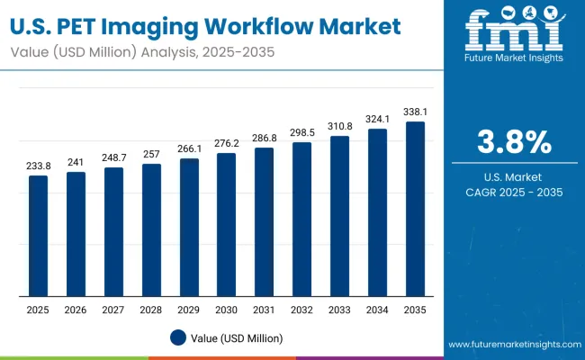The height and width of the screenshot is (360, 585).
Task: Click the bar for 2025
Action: coord(38,236)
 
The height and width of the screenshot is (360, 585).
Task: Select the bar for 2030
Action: coord(227,224)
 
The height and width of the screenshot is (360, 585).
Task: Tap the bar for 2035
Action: coord(415,209)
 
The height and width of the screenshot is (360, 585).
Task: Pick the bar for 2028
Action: coord(151,229)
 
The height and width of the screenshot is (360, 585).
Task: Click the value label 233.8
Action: coord(38,166)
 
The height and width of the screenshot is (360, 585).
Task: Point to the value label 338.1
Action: coord(415,112)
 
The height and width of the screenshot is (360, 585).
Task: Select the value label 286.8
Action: coord(265,139)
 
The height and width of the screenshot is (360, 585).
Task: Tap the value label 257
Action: coord(151,155)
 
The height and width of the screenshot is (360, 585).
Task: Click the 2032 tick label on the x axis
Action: coord(301,310)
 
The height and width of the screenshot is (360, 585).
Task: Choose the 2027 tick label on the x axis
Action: coord(113,310)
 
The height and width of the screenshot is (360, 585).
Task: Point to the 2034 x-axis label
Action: coord(377,310)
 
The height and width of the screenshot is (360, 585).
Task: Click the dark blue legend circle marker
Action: coord(178,337)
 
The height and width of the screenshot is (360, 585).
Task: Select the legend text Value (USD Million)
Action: coord(236,338)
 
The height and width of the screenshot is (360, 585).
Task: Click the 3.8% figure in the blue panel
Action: coord(513,141)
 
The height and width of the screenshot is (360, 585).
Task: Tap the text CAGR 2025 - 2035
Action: coord(513,193)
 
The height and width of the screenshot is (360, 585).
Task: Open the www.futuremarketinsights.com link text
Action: coord(510,345)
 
